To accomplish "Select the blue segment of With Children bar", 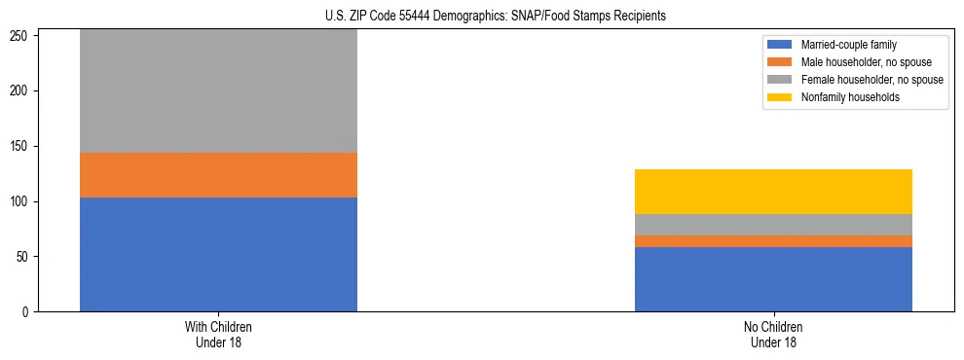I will click(x=218, y=254).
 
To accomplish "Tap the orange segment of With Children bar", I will click(x=218, y=175).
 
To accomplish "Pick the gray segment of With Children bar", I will click(x=218, y=91).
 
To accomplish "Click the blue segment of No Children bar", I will click(x=773, y=279).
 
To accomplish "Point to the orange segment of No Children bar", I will click(x=773, y=241).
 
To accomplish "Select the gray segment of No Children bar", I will click(x=773, y=225).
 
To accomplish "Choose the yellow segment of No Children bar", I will click(x=773, y=192).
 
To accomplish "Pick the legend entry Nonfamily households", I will click(x=844, y=97).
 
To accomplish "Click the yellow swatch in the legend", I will click(x=780, y=97).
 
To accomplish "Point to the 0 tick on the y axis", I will click(x=29, y=312).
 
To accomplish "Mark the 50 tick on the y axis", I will click(x=26, y=257).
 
